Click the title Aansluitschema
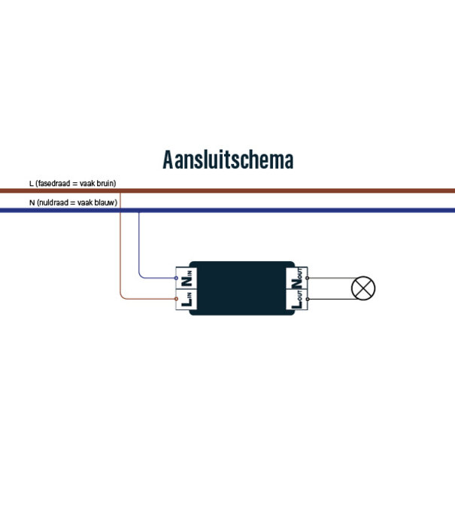[x=228, y=160]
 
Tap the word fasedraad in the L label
[x=54, y=184]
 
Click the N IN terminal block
[x=187, y=278]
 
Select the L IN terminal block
[x=187, y=299]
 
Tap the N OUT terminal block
[x=297, y=278]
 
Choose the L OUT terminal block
[x=297, y=299]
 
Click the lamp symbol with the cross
[x=363, y=288]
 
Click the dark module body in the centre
[x=241, y=288]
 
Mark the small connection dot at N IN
[x=176, y=278]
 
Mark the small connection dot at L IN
[x=176, y=299]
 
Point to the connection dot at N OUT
[x=308, y=278]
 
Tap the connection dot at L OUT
[x=308, y=299]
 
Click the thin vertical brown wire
[x=120, y=245]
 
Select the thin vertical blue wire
[x=138, y=245]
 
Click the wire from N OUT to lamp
[x=332, y=278]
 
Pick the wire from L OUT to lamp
[x=332, y=299]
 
